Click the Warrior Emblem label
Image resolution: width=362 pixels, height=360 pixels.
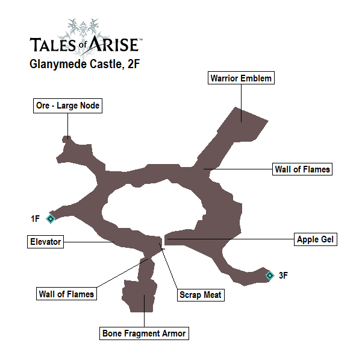pyautogui.click(x=241, y=78)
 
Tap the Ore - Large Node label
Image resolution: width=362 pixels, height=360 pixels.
pyautogui.click(x=67, y=106)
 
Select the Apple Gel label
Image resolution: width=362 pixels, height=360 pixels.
pyautogui.click(x=316, y=239)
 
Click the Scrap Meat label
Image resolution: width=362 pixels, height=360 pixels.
pyautogui.click(x=201, y=295)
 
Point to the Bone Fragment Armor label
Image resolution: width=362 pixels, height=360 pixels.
pyautogui.click(x=145, y=333)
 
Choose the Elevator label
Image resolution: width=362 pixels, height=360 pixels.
pyautogui.click(x=45, y=242)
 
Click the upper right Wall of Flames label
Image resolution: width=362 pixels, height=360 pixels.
pyautogui.click(x=302, y=169)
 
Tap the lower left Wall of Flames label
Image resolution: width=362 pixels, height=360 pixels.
pyautogui.click(x=66, y=294)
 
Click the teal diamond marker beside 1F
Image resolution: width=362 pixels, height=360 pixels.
pyautogui.click(x=51, y=218)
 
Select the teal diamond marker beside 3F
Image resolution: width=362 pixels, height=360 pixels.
pyautogui.click(x=269, y=276)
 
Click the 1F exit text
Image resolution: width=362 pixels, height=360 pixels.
pyautogui.click(x=36, y=218)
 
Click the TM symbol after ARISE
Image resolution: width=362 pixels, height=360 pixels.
pyautogui.click(x=141, y=40)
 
